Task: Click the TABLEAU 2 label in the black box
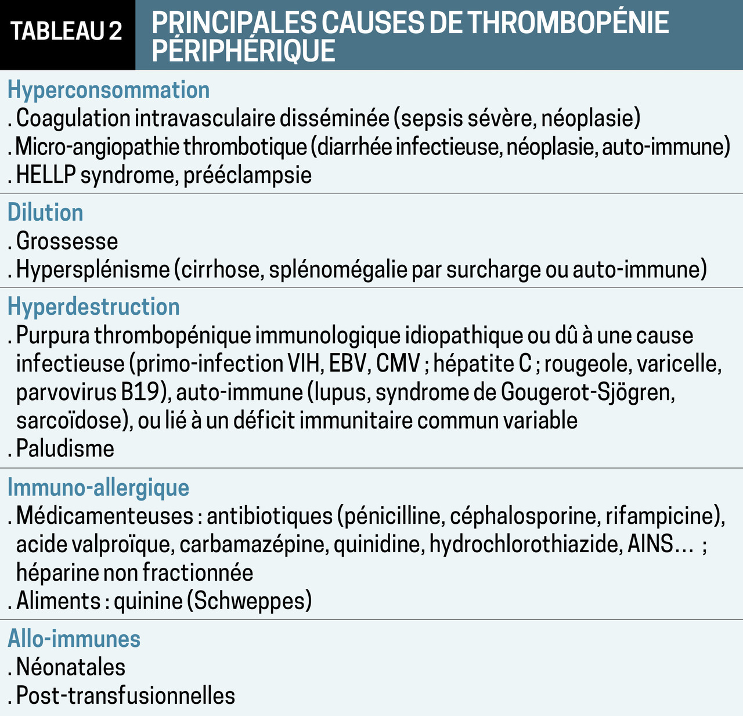67,31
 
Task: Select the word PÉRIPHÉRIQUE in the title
244,51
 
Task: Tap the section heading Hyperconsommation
109,90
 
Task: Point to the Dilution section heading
45,213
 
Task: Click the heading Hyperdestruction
93,307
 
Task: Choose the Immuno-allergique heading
98,487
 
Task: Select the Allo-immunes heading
74,639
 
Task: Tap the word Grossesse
67,241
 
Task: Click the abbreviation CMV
398,364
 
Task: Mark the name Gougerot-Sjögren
587,393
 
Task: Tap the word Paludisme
65,449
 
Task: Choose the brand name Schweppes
250,600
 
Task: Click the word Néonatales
70,667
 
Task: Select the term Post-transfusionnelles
125,696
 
